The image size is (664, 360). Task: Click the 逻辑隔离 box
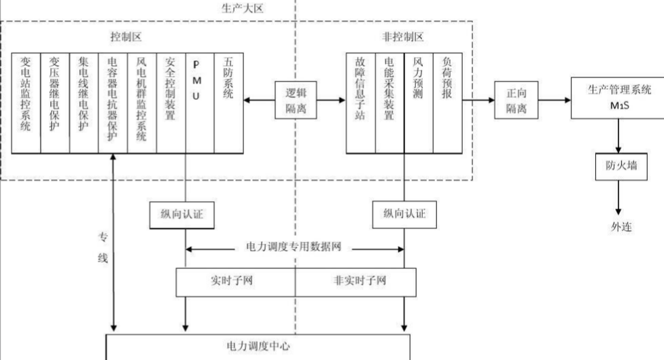(295, 101)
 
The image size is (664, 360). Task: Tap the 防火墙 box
(617, 166)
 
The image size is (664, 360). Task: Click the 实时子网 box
(235, 280)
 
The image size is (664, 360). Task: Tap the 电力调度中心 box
(258, 346)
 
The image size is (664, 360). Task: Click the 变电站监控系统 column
(26, 102)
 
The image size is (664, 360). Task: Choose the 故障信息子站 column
(360, 102)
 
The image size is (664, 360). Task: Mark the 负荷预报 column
(447, 102)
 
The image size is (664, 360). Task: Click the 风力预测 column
(418, 102)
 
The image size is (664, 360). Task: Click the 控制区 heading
(125, 35)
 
